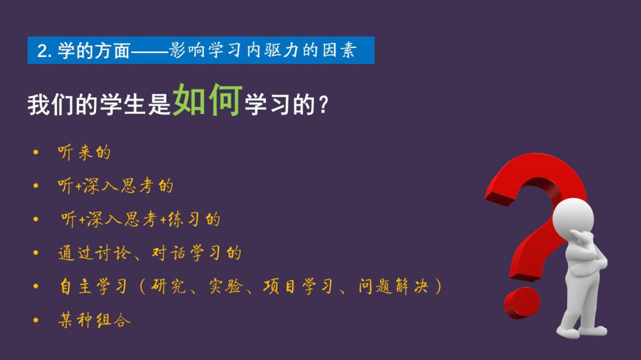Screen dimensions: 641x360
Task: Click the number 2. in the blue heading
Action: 44,51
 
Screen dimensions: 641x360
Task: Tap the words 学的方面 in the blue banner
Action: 94,51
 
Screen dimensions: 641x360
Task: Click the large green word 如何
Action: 208,100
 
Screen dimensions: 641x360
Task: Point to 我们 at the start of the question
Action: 51,104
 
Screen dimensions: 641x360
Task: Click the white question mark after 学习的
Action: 323,104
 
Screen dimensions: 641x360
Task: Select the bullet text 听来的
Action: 84,152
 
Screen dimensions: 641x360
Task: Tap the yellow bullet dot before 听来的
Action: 36,152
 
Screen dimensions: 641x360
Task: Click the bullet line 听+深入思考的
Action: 115,186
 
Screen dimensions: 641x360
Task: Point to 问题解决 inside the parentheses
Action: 394,286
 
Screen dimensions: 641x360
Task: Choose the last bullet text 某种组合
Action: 94,320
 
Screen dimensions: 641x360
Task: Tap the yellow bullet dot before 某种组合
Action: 36,320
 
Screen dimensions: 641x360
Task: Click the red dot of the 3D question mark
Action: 522,303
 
